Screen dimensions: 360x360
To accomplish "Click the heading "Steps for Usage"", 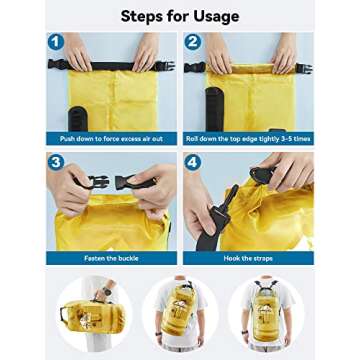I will tap(179, 16).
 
